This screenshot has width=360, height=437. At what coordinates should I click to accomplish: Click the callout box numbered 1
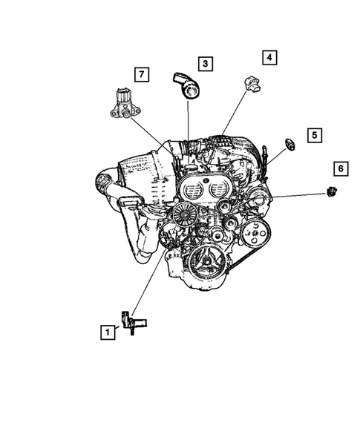point(109,333)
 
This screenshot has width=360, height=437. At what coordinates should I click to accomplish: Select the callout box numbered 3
point(204,65)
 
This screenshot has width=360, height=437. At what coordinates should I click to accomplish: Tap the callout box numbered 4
point(269,57)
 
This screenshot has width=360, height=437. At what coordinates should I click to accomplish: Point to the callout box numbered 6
point(340,169)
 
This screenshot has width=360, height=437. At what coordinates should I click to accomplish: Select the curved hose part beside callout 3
point(188,85)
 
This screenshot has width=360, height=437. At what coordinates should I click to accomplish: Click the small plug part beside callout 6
point(330,193)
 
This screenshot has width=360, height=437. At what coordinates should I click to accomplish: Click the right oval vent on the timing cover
point(218,191)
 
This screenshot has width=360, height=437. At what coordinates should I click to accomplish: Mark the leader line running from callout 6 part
point(297,195)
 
